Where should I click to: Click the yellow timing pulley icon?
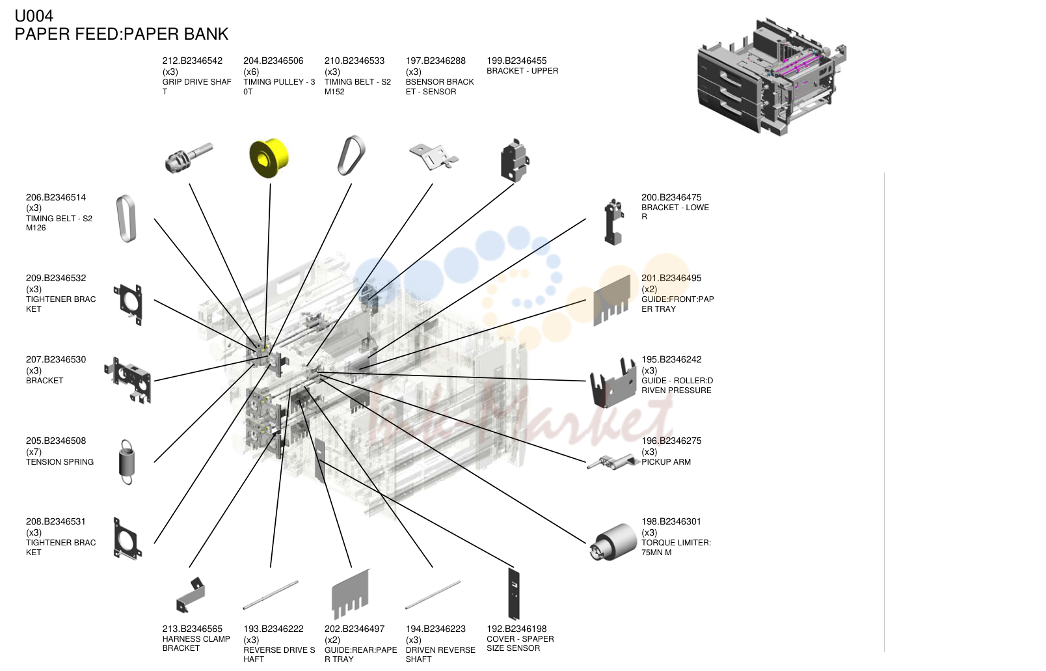coord(269,158)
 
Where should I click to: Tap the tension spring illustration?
coord(127,462)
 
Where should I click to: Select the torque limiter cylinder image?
coord(613,542)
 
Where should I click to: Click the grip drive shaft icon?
coord(189,158)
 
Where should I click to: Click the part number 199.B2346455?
coord(516,61)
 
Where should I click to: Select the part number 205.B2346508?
coord(56,441)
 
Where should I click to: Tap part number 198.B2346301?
coord(671,521)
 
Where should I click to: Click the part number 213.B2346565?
coord(193,629)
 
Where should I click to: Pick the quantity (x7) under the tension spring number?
coord(34,452)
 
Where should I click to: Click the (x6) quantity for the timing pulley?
coord(251,72)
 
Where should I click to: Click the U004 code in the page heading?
coord(34,16)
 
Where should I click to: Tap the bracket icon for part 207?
coord(128,380)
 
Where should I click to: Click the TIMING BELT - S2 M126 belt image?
coord(126,219)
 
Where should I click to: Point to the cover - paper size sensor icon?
coord(514,594)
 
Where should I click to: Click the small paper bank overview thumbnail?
coord(772,77)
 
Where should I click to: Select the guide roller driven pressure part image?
coord(613,382)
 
